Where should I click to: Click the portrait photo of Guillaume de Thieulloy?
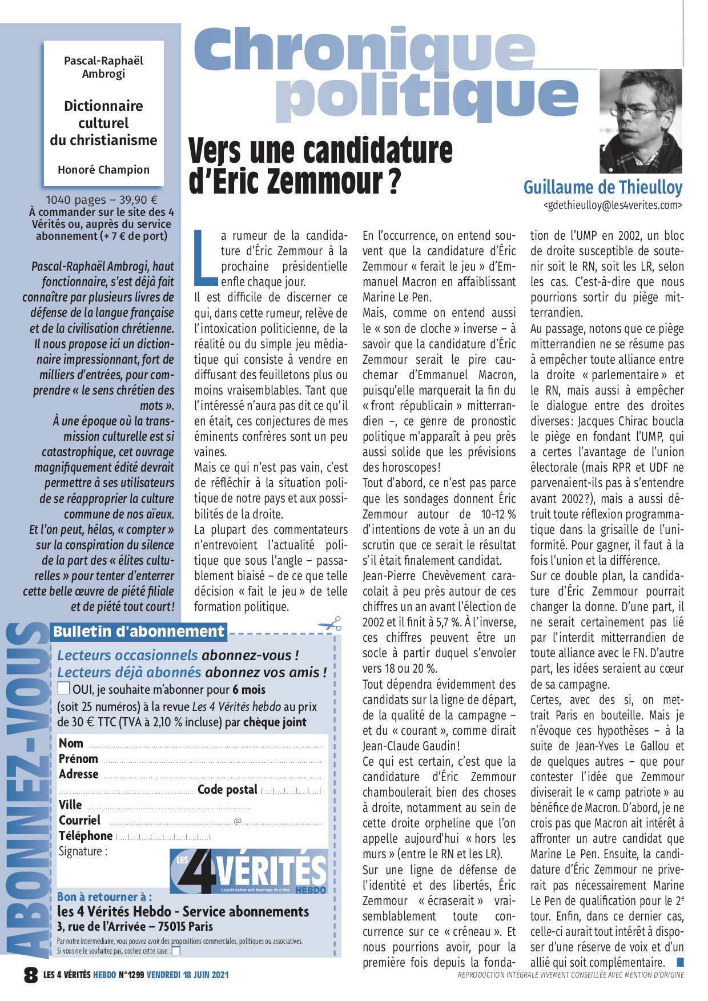(x=641, y=122)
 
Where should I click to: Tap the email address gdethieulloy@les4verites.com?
(x=613, y=205)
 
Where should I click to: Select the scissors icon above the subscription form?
(x=331, y=624)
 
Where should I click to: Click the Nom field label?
(x=71, y=743)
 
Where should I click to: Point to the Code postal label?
(x=227, y=790)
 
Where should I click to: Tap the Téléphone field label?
(x=86, y=836)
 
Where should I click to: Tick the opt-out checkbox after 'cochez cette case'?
(x=176, y=951)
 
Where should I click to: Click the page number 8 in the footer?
(x=30, y=975)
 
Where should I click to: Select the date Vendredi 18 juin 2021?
(x=187, y=975)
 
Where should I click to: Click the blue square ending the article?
(x=679, y=963)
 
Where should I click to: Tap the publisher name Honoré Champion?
(x=103, y=170)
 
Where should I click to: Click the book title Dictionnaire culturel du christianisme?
(x=103, y=123)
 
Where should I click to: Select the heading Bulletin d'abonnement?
(x=139, y=632)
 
